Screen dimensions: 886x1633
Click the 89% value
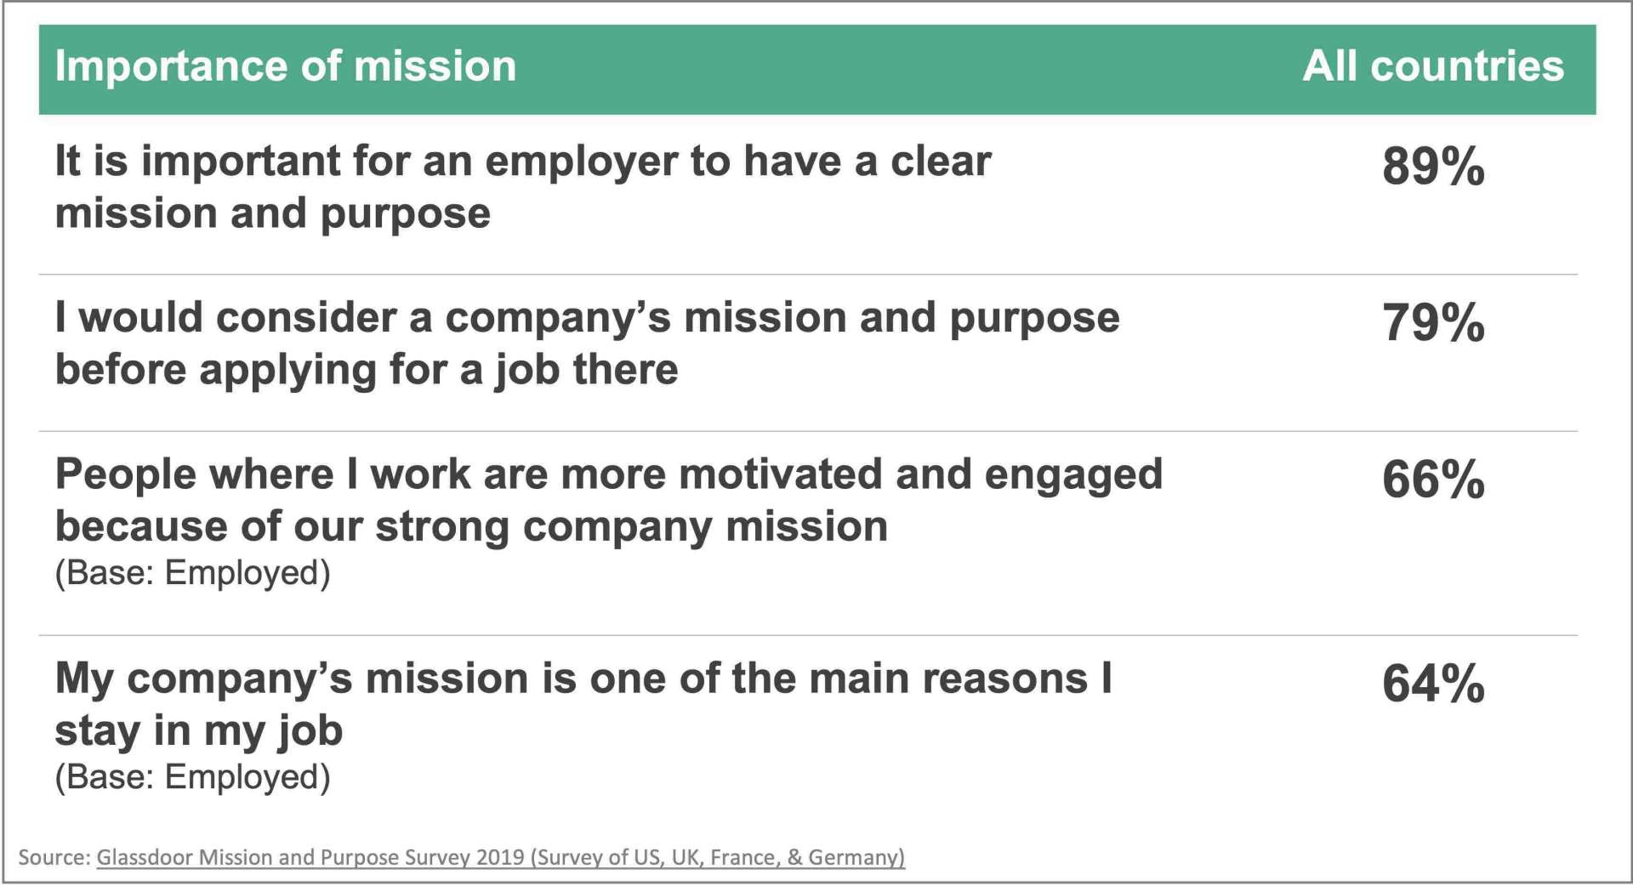pyautogui.click(x=1433, y=166)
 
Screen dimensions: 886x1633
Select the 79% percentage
pyautogui.click(x=1433, y=323)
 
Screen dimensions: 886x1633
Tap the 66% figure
pyautogui.click(x=1433, y=480)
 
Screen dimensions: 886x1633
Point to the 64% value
pyautogui.click(x=1433, y=684)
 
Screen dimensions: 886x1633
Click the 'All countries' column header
pyautogui.click(x=1433, y=66)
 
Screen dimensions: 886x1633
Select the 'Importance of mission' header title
pyautogui.click(x=286, y=66)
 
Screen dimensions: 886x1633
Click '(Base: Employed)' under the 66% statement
pyautogui.click(x=192, y=573)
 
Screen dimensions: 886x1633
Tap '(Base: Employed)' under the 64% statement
pyautogui.click(x=192, y=777)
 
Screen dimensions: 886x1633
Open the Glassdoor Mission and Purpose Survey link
pyautogui.click(x=500, y=857)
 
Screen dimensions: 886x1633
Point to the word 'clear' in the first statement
pyautogui.click(x=941, y=162)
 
